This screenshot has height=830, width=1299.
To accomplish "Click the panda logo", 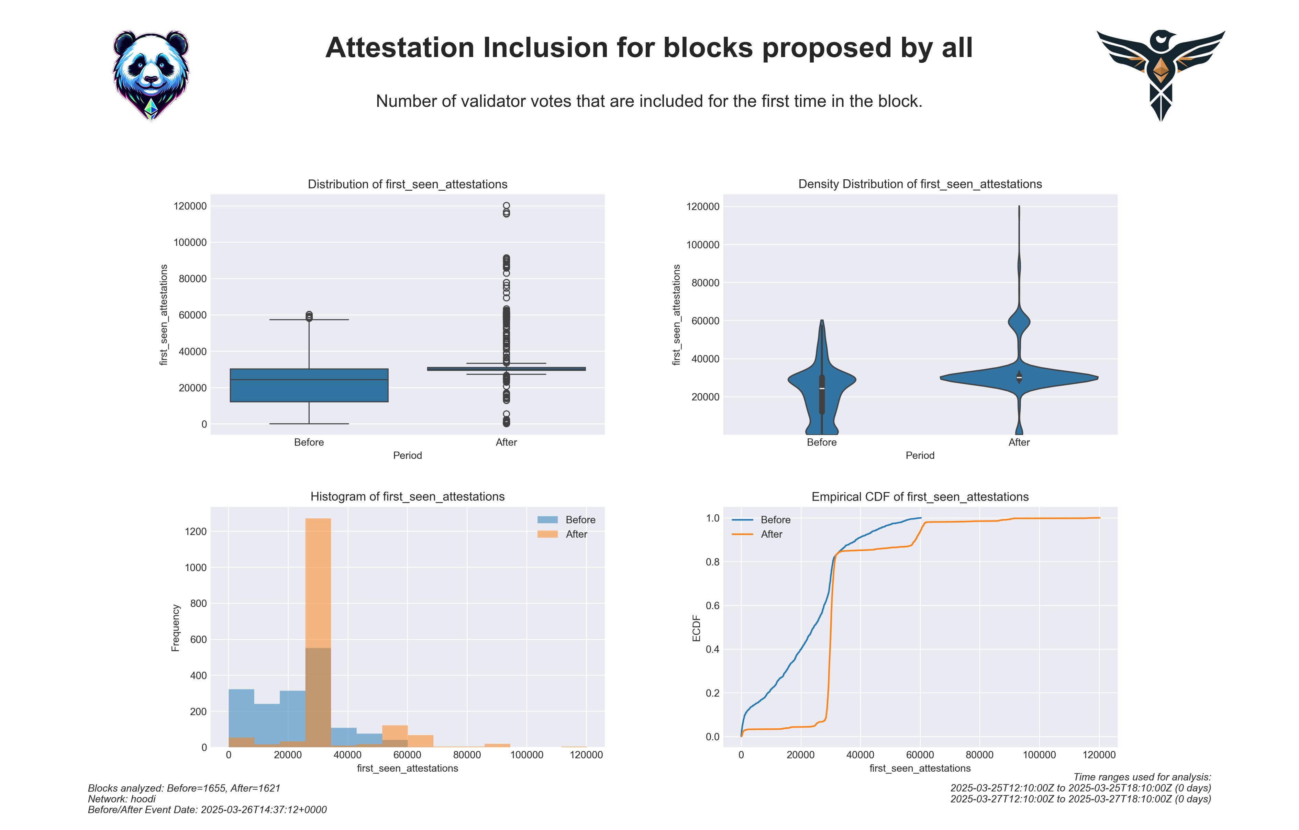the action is click(151, 76).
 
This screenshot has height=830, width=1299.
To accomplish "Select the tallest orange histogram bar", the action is click(318, 632).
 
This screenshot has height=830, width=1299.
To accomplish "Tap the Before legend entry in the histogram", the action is click(566, 520).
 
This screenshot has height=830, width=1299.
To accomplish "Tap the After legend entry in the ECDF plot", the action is click(757, 535).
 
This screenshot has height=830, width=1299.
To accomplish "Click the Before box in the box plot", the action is click(309, 385).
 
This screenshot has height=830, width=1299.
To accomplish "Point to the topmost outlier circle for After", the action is click(507, 205).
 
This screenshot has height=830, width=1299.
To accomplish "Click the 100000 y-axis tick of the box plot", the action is click(190, 242).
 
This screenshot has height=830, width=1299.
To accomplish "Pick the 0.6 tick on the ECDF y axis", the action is click(713, 606).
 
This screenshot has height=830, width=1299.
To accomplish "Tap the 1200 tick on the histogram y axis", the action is click(196, 531).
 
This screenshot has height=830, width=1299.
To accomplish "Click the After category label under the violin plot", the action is click(1019, 442).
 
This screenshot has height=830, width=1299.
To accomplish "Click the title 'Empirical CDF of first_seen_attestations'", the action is click(920, 497).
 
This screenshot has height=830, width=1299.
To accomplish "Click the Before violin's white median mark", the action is click(822, 388).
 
